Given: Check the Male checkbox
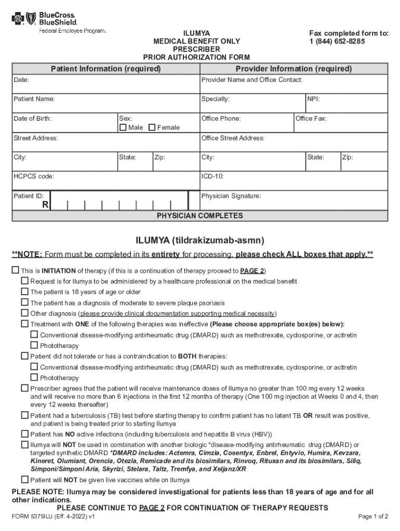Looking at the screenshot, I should click(x=123, y=128).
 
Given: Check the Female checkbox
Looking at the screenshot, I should click(x=152, y=128).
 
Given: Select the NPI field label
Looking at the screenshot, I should click(x=313, y=99).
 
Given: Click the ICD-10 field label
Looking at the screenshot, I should click(x=212, y=176).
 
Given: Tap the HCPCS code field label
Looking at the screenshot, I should click(x=34, y=176).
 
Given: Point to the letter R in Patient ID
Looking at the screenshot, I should click(x=45, y=205).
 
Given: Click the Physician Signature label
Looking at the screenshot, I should click(x=231, y=196).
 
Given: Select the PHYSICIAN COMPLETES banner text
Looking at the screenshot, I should click(x=199, y=216).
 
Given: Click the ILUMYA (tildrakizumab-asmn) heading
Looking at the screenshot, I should click(x=200, y=240).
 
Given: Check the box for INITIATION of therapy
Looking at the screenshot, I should click(x=15, y=271).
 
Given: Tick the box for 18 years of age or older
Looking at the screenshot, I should click(x=24, y=291).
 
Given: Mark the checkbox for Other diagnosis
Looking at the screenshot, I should click(x=24, y=313).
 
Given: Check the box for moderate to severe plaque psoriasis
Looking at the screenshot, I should click(x=24, y=302).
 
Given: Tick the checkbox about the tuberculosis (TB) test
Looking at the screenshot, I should click(x=24, y=415).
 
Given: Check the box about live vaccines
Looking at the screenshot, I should click(x=24, y=480).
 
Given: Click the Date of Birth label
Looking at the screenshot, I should click(x=33, y=119).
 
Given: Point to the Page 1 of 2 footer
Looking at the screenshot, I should click(x=373, y=517).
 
